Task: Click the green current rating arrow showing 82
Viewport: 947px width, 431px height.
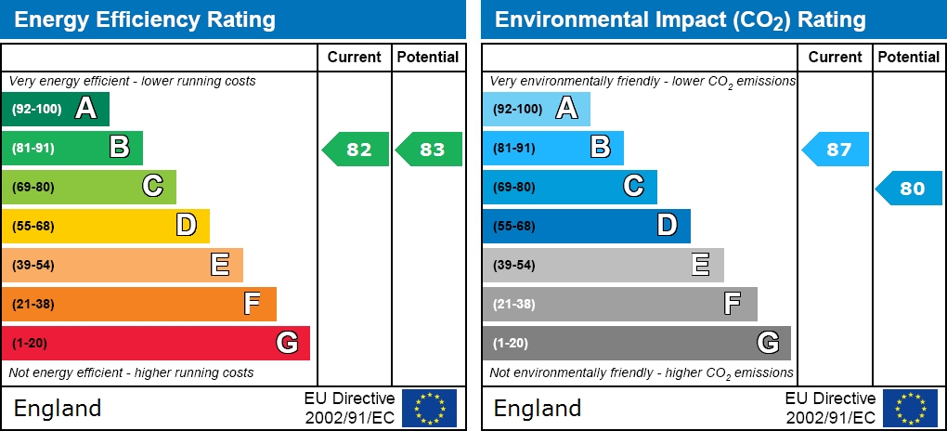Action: (x=356, y=149)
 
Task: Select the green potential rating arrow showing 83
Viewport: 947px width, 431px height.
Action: (x=430, y=149)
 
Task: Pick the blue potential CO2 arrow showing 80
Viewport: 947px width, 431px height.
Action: (x=910, y=188)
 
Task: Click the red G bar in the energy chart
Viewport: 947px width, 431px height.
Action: (x=155, y=343)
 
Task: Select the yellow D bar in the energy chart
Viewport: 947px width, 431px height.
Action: (x=105, y=226)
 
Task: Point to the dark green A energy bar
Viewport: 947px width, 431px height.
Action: (x=55, y=109)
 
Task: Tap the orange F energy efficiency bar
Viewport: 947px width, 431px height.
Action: (x=138, y=304)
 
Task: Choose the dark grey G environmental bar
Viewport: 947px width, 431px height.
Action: (x=636, y=343)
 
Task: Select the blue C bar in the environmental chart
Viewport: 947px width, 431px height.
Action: (x=569, y=187)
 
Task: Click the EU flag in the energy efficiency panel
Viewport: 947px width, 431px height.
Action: (x=429, y=408)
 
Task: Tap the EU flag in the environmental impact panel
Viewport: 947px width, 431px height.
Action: (x=910, y=408)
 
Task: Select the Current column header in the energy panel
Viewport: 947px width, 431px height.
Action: (x=355, y=57)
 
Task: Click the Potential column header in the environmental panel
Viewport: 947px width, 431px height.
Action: (x=909, y=57)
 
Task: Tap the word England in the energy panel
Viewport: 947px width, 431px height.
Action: (x=58, y=408)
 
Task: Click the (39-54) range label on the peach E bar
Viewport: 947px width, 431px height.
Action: (x=33, y=265)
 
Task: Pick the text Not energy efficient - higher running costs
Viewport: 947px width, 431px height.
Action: (x=131, y=372)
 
